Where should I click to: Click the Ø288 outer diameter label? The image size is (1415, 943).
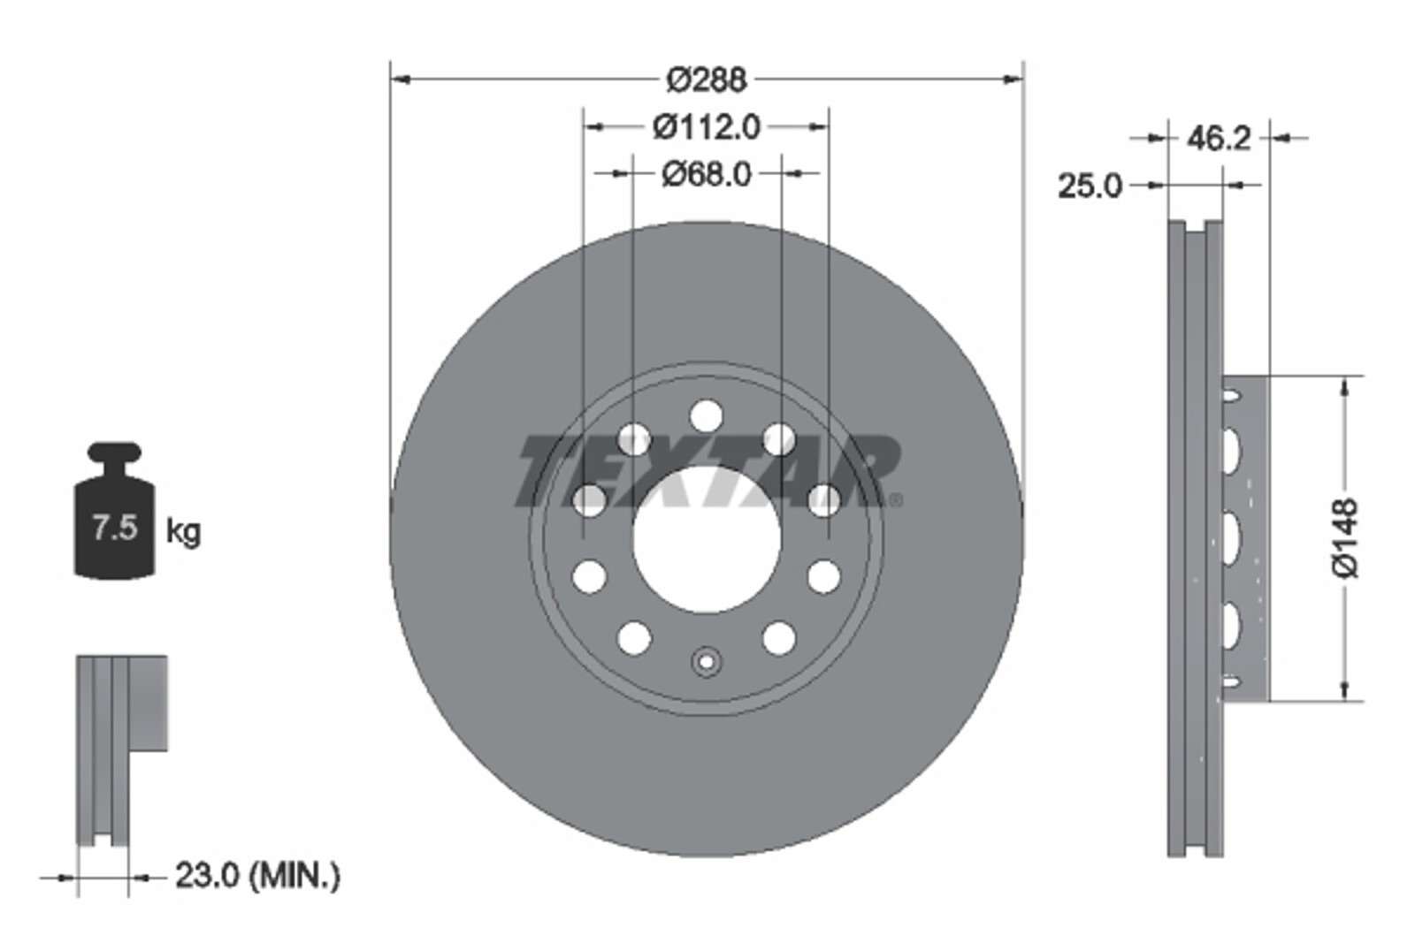pos(706,80)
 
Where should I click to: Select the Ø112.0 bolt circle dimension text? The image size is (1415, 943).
pos(706,127)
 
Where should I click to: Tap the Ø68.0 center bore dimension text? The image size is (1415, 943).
pos(706,174)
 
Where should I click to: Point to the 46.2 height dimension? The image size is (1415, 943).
pos(1218,138)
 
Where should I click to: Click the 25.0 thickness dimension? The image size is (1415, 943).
pos(1090,186)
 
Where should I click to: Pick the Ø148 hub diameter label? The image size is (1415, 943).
pos(1345,537)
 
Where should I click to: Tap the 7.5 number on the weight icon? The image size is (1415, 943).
pos(115,528)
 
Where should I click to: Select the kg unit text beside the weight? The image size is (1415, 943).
pos(183,531)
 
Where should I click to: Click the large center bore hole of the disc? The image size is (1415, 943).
pos(706,539)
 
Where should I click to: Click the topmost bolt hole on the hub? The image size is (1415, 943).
pos(706,414)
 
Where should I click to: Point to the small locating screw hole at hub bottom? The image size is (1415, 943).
pos(706,662)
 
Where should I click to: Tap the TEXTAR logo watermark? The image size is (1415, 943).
pos(707,470)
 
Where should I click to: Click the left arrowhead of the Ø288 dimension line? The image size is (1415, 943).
pos(400,80)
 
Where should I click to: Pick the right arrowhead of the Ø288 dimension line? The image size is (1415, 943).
pos(1013,80)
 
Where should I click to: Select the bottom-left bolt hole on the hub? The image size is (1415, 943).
pos(633,637)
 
